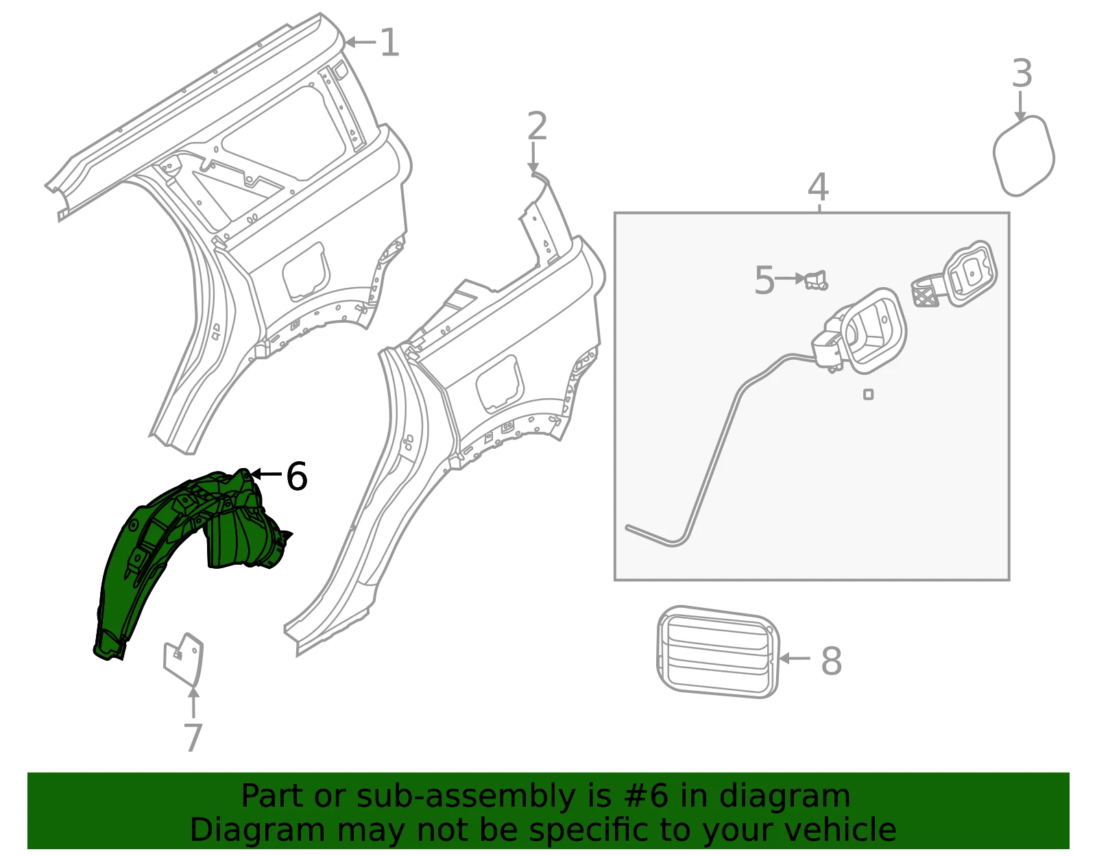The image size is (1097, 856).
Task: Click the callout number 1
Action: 389,42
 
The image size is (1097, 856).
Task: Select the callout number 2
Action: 537,126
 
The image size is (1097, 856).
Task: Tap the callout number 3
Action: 1022,73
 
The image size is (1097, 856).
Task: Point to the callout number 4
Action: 818,187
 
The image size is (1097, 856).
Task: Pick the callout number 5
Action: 764,280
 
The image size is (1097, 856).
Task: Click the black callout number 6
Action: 296,476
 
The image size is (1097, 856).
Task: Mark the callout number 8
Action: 832,661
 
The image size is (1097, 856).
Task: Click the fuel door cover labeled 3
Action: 1024,156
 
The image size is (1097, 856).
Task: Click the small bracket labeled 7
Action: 183,659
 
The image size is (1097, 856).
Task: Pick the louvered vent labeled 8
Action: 718,652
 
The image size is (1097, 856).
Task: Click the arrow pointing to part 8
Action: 795,658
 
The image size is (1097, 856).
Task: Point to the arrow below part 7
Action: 193,702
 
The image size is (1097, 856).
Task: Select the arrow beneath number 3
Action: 1020,106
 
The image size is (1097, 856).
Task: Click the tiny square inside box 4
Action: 868,395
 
